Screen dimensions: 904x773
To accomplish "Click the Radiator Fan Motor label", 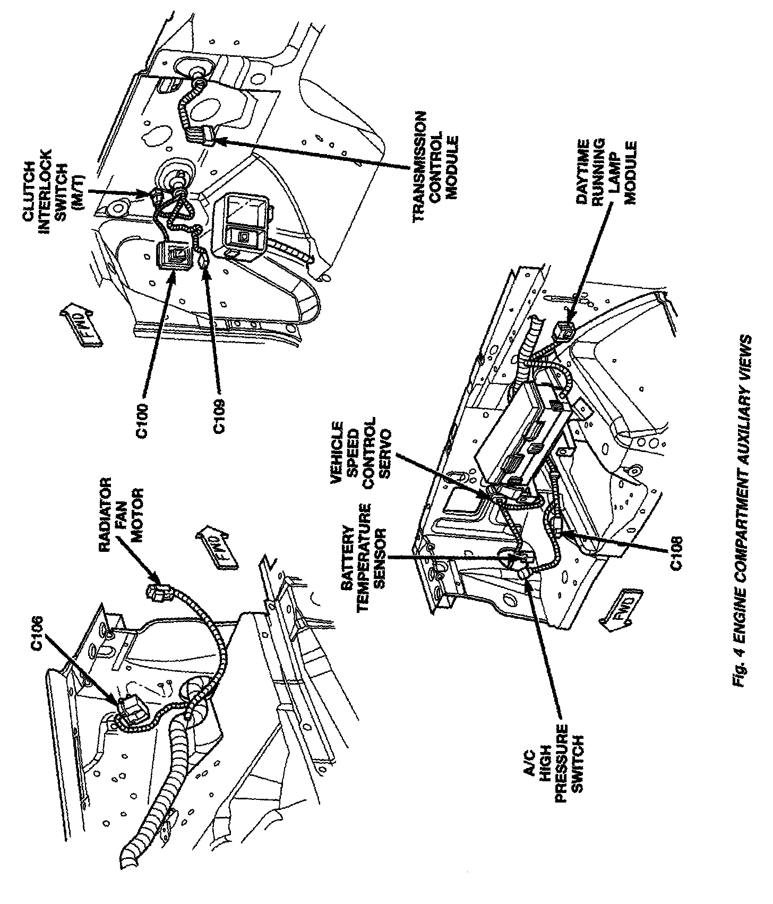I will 123,510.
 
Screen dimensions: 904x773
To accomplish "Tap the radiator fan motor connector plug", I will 159,591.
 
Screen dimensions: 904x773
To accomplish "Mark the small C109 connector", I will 204,262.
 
